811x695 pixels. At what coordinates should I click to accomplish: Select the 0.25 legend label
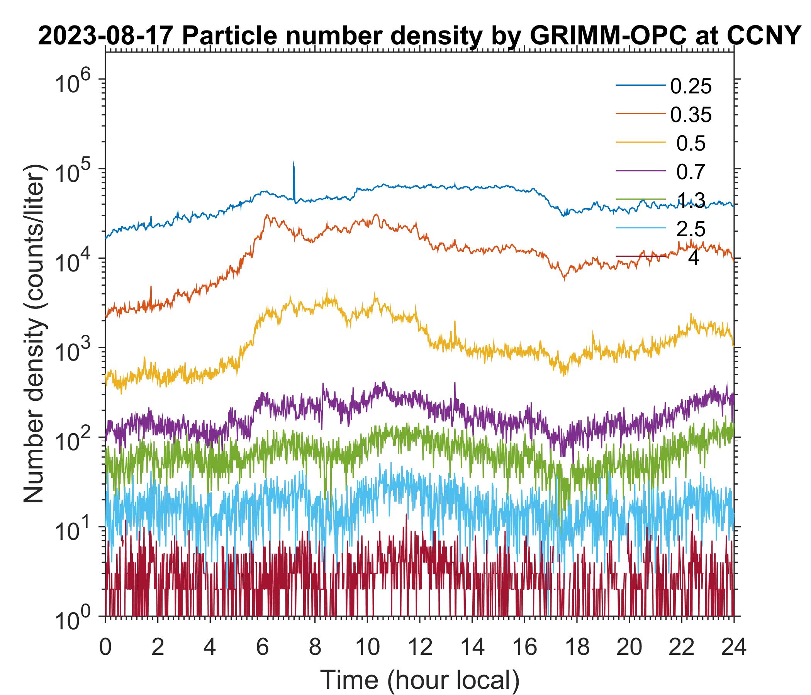(691, 86)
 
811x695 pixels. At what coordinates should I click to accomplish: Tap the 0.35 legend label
(691, 115)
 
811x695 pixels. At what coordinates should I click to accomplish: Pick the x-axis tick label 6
(262, 647)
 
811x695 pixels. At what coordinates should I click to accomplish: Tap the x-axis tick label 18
(577, 647)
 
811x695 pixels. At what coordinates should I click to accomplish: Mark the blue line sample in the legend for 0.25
(641, 85)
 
